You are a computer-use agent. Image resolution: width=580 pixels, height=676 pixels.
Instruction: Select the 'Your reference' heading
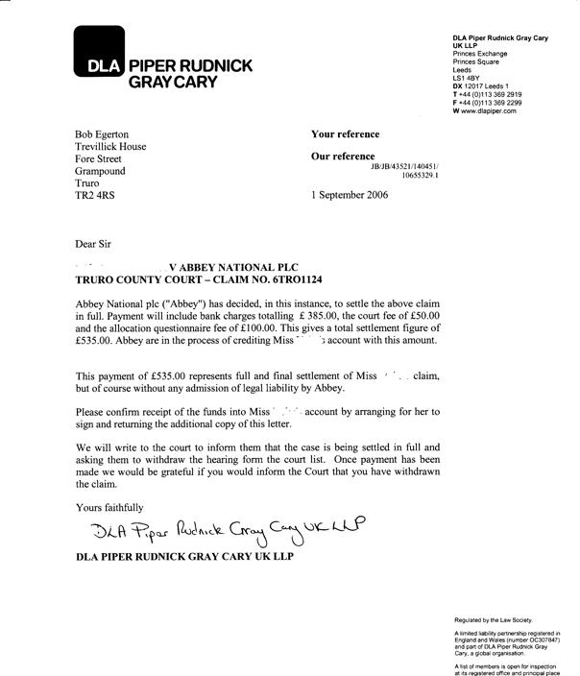(x=345, y=133)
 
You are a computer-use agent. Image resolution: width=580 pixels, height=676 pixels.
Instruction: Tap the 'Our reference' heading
(x=344, y=156)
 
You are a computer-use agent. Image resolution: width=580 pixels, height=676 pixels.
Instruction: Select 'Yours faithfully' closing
(x=109, y=506)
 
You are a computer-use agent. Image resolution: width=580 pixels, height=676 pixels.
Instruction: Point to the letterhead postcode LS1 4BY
(x=467, y=79)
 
